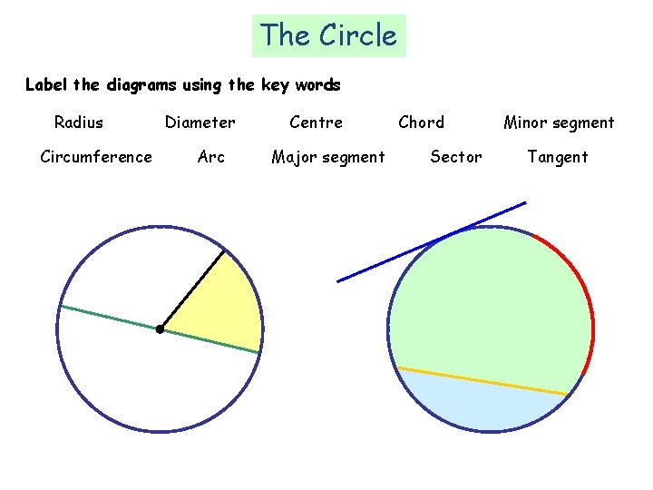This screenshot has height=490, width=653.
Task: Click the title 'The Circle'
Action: point(328,35)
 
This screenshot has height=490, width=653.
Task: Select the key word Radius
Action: point(79,122)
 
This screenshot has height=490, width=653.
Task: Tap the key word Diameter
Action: point(200,122)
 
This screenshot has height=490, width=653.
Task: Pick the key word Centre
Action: point(316,122)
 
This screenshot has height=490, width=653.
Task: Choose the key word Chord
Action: point(422,122)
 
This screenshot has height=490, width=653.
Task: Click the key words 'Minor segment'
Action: point(559,122)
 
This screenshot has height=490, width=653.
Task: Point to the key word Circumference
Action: point(96,157)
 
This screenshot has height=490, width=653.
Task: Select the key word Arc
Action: point(211,157)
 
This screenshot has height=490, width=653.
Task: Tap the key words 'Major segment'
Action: point(328,157)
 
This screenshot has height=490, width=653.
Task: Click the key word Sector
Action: point(456,157)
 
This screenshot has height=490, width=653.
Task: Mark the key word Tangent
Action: point(558,157)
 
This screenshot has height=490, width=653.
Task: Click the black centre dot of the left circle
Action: point(160,328)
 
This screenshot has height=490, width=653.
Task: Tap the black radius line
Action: point(191,290)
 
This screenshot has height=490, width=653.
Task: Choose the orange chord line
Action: point(481,381)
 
